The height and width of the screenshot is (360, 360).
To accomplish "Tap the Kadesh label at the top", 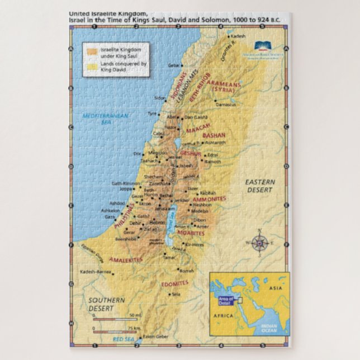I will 238,36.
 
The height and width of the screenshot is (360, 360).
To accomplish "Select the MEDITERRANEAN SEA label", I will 106,118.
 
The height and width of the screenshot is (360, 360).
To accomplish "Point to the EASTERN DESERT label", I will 258,186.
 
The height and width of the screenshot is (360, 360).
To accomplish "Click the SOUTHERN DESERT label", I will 106,304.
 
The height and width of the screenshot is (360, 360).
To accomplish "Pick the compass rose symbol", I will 258,243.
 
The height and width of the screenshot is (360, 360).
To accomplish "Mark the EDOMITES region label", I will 175,283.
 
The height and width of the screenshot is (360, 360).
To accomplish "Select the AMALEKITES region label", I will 126,259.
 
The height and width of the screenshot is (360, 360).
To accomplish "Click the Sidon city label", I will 160,98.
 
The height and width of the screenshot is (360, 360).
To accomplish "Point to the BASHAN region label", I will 214,135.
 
